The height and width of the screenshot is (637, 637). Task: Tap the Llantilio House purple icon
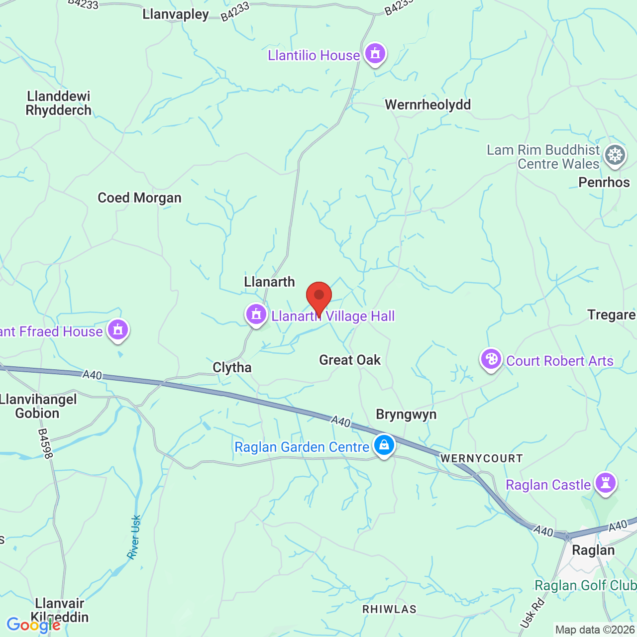tap(375, 53)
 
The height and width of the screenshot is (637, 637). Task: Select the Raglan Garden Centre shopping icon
tap(384, 445)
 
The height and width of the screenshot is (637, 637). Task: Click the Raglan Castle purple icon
tap(606, 483)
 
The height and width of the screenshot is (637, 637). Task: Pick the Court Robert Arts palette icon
tap(491, 359)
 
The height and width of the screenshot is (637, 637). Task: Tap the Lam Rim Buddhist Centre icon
tap(615, 155)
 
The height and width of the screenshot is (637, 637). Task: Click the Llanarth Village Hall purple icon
tap(256, 315)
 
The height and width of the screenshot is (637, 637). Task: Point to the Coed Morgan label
tap(139, 198)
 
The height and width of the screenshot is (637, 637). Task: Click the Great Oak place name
tap(350, 360)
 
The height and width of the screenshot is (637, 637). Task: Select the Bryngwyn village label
tap(406, 415)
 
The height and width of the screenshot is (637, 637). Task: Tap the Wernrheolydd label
tap(428, 105)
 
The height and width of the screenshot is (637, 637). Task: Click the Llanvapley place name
tap(176, 14)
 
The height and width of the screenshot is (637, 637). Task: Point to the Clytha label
tap(232, 368)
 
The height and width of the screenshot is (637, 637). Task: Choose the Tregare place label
tap(611, 315)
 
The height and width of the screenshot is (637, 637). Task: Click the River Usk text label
tap(134, 537)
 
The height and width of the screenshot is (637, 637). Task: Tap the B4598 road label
tap(45, 443)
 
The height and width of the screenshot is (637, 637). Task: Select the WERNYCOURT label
tap(481, 458)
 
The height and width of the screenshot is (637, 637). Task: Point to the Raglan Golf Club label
tap(585, 586)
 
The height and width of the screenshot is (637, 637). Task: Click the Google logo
tap(33, 625)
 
